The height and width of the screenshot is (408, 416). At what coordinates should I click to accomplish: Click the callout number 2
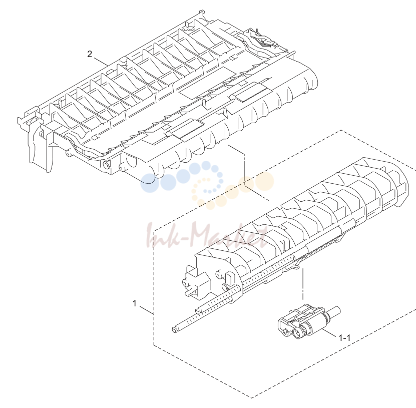tap(90, 54)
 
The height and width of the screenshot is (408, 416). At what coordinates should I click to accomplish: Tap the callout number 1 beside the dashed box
tap(135, 303)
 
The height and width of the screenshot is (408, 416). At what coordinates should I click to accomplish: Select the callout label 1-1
tap(344, 338)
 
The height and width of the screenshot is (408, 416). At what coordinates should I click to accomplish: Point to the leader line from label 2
tap(101, 61)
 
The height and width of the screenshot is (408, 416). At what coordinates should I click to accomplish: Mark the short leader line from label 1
tap(147, 310)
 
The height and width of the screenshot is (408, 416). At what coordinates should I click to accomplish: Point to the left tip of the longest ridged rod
tap(174, 329)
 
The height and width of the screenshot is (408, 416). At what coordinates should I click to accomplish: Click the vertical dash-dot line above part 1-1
tap(303, 284)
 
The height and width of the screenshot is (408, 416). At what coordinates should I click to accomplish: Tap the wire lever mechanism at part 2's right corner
tap(261, 40)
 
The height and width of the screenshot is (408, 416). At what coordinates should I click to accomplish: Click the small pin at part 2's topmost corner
tap(202, 13)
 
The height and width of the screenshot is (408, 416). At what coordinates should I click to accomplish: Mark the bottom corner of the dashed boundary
tap(251, 398)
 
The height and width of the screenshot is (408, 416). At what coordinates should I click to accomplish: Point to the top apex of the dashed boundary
tap(341, 130)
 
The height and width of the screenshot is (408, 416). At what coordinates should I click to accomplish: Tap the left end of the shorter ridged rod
tap(197, 310)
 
